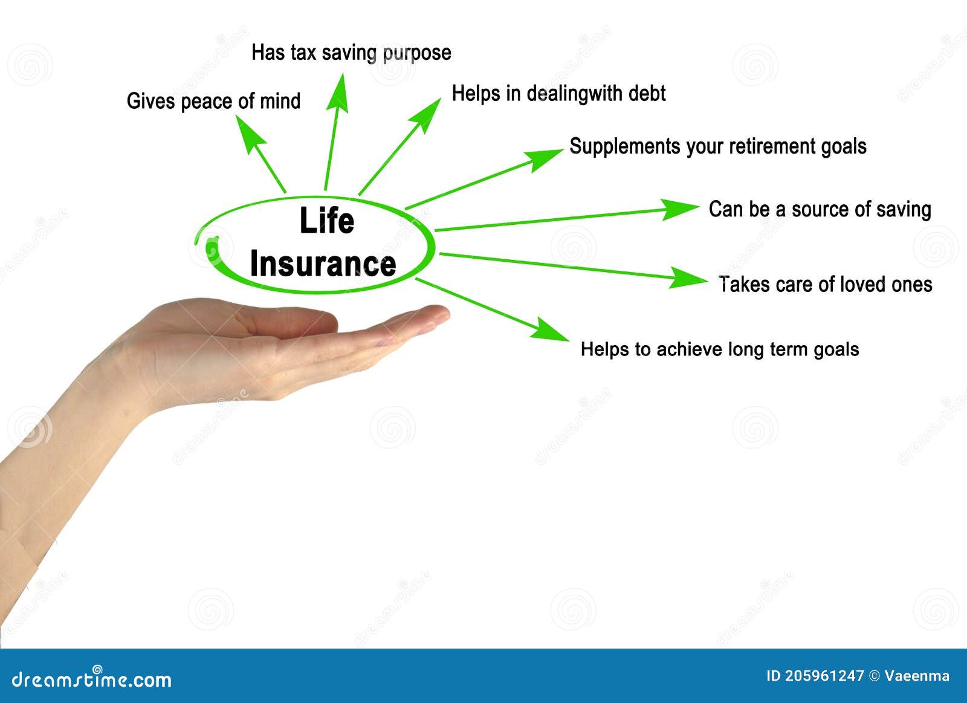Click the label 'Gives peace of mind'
(213, 101)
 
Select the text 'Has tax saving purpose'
(351, 53)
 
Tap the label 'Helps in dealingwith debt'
(558, 94)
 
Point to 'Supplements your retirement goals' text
(717, 146)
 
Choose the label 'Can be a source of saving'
(820, 209)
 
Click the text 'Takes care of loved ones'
(825, 284)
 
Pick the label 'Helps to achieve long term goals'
(719, 349)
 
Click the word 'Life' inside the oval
(326, 221)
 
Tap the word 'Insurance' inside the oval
(323, 264)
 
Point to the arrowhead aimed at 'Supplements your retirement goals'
(544, 159)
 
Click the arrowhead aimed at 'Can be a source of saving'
(680, 209)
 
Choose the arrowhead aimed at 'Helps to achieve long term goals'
(551, 330)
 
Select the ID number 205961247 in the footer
(824, 676)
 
